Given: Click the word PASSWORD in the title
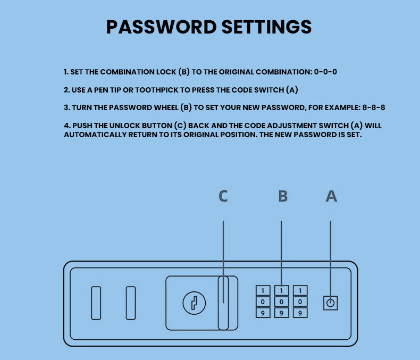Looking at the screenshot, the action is coord(162,27).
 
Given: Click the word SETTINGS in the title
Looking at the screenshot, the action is coord(267,27).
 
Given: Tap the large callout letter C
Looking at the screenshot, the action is coord(223,196).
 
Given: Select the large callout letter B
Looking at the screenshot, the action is coord(283,196).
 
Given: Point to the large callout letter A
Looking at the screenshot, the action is coord(331,196).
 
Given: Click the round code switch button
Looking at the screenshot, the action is coord(331,303).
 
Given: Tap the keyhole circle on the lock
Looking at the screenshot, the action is coord(194,303).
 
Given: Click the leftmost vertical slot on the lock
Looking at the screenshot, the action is coord(96,303).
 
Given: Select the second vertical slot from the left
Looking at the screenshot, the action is coord(131,303).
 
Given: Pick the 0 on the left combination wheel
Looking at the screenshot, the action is coord(263,302).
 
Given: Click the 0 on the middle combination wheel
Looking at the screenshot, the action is coord(281,302).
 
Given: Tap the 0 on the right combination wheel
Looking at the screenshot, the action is coord(300,302).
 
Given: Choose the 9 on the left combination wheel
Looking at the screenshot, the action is coord(263,313).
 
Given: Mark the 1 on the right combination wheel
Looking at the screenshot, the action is coord(300,291).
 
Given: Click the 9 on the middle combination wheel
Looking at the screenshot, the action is coord(281,313).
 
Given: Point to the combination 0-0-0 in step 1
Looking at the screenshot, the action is coord(325,72).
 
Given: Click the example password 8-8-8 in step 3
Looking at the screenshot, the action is coord(374,107).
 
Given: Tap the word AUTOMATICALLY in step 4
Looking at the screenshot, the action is coord(95,135).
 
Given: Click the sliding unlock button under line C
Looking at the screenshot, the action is coord(223,303).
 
